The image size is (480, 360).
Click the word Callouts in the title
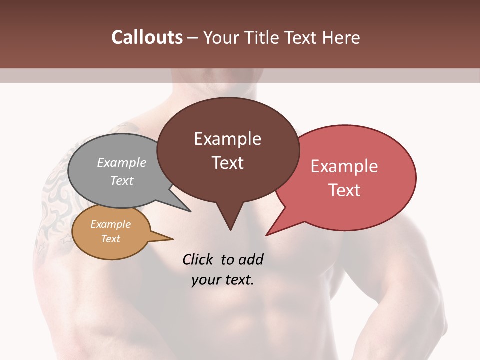click(147, 37)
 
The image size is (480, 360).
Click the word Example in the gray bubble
click(121, 162)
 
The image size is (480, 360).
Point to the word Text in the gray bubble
click(121, 180)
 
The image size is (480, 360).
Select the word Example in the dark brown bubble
click(227, 139)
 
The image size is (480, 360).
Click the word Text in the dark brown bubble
click(227, 163)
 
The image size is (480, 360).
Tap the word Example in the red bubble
click(344, 166)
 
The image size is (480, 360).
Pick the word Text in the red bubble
click(344, 190)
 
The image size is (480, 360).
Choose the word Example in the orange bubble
click(110, 224)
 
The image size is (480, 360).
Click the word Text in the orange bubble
click(110, 239)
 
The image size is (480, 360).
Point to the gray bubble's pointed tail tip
click(190, 211)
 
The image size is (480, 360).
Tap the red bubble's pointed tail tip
click(266, 235)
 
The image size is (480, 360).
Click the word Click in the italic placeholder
click(199, 259)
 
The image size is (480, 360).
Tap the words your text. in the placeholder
click(222, 280)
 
